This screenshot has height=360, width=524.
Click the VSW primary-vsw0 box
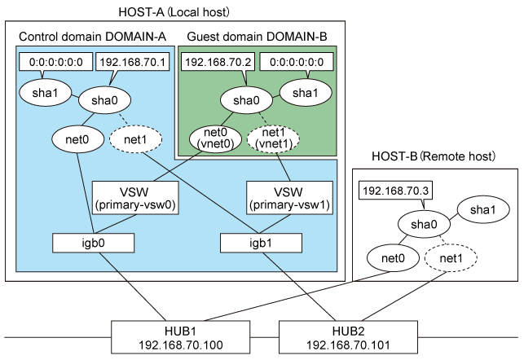tap(134, 196)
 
